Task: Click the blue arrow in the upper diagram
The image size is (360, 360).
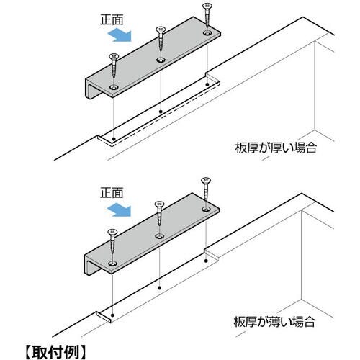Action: click(120, 35)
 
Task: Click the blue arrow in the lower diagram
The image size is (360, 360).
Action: click(120, 210)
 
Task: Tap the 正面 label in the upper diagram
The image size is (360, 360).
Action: click(112, 19)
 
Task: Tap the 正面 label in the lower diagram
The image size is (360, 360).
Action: click(112, 193)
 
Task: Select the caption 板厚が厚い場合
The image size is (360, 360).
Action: click(276, 148)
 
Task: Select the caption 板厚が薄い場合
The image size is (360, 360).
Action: click(274, 322)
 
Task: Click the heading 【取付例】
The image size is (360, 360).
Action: click(55, 352)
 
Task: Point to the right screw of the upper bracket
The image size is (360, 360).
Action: click(207, 17)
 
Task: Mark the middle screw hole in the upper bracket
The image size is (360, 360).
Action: click(161, 60)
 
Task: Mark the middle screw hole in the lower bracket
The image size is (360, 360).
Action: click(159, 236)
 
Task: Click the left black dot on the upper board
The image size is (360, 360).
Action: click(114, 139)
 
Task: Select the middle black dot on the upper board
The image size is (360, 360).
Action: click(161, 112)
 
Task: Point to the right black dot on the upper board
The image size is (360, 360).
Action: click(207, 84)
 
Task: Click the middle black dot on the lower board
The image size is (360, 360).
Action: click(159, 288)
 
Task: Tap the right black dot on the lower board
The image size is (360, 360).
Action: click(206, 261)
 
